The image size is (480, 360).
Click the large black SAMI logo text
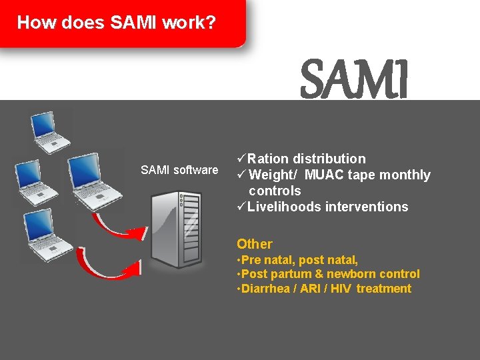click(x=353, y=79)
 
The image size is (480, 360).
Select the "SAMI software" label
click(x=179, y=170)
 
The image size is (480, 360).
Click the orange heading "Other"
click(x=255, y=244)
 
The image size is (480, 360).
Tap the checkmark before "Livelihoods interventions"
click(x=241, y=207)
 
